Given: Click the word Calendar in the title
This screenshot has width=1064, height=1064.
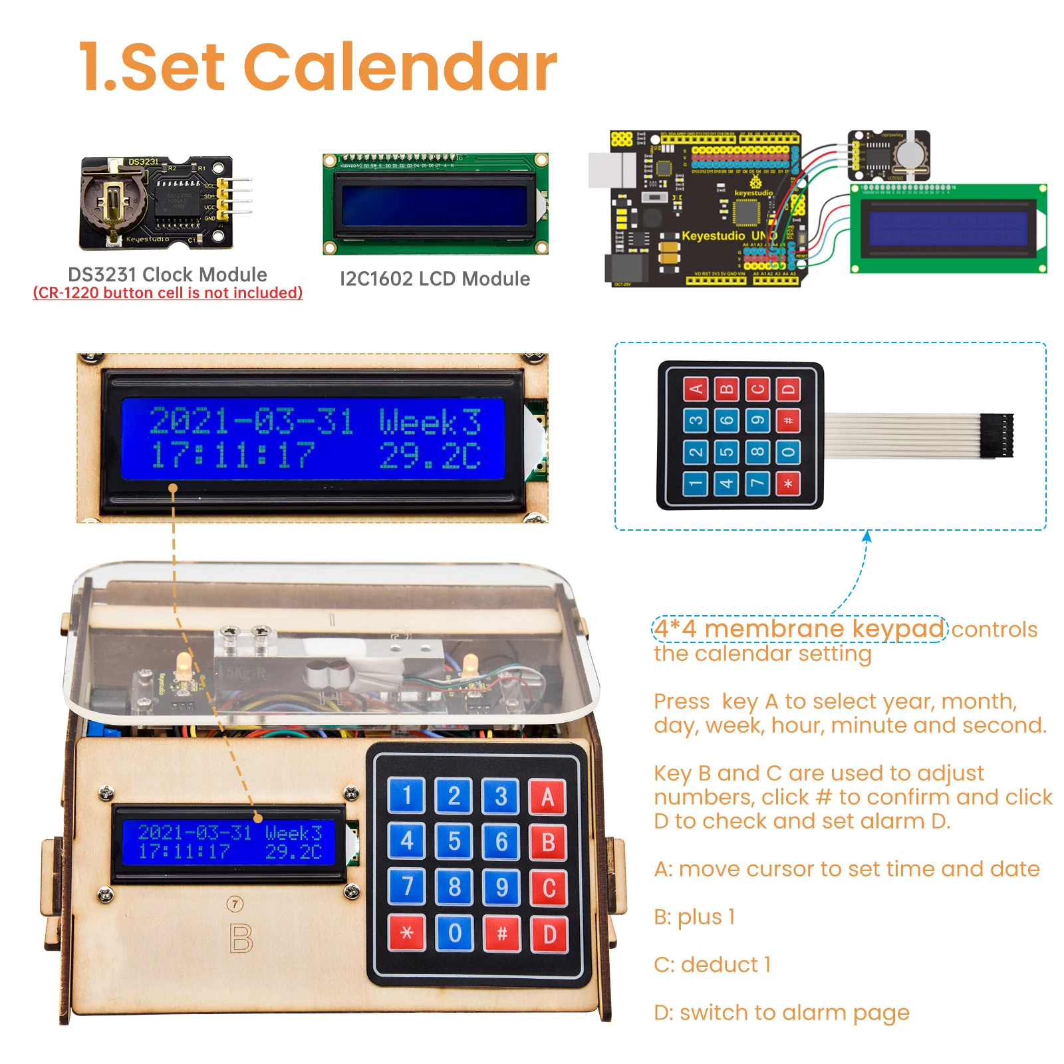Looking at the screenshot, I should pos(401,68).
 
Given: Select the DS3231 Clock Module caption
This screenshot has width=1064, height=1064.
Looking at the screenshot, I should pos(168,274).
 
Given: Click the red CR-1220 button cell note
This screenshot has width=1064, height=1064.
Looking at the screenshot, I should pos(168,293).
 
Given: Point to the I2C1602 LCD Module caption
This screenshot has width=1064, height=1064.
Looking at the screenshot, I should pos(435,279).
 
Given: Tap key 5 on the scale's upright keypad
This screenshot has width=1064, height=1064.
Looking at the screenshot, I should pos(454,841).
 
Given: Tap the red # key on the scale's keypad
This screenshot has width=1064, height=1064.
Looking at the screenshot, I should pos(502,933).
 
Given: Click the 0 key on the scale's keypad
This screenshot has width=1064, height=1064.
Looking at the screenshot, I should pos(455,933).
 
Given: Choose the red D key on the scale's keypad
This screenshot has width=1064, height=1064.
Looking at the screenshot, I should pos(549,934).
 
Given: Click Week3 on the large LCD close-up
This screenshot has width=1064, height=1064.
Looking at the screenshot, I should pos(430,422).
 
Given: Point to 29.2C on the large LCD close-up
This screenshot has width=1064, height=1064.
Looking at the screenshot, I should pos(430,456).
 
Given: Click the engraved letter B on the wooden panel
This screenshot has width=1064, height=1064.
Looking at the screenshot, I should pos(241,938).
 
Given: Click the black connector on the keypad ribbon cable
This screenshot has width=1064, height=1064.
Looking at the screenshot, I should pos(997,435).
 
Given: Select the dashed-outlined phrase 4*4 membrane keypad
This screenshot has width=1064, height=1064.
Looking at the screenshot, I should pos(799,628).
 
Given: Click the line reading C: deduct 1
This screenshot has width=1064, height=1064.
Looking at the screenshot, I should pos(712,964).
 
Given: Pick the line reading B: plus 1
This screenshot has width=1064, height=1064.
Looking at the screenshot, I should pos(694,916).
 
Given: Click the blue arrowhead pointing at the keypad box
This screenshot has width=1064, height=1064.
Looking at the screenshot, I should pos(866,535).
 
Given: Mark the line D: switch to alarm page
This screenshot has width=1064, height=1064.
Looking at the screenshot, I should pos(781,1012).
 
